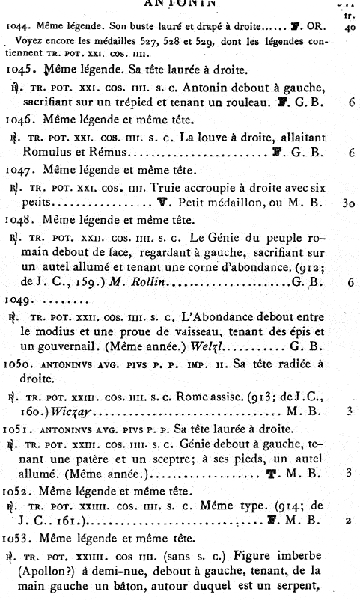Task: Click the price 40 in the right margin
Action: [350, 27]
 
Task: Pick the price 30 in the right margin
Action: [348, 202]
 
